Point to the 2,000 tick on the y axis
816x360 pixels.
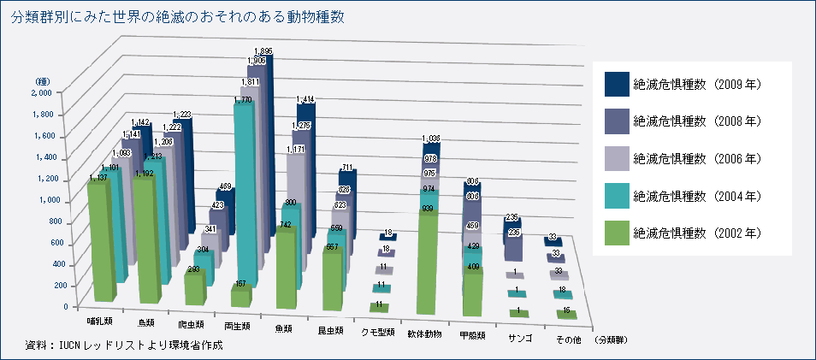42,91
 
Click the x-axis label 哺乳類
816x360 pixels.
98,322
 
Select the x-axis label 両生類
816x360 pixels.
235,326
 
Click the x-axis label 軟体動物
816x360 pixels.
425,331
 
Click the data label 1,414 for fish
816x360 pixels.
305,100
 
